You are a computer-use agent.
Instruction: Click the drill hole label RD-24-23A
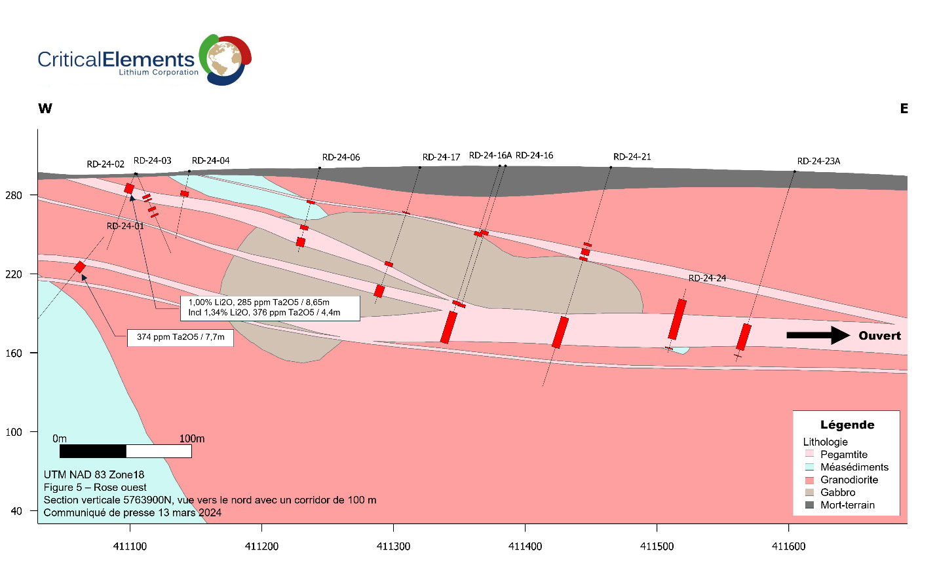(x=818, y=161)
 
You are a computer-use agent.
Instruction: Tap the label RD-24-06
(x=341, y=157)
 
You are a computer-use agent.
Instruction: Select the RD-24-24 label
(x=707, y=278)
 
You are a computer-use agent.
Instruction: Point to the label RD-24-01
(x=125, y=226)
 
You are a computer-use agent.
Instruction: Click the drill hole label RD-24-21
(x=632, y=157)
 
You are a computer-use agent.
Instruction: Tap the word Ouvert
(x=879, y=336)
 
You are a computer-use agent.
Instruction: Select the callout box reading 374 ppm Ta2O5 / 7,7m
(x=180, y=338)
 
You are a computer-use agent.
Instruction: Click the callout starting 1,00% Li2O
(x=270, y=308)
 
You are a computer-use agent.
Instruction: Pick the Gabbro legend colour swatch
(x=809, y=493)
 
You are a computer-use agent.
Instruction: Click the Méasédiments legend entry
(x=854, y=467)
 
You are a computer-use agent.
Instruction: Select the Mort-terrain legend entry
(x=847, y=505)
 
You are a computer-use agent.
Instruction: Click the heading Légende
(x=847, y=425)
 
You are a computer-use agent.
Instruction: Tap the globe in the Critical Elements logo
(x=223, y=59)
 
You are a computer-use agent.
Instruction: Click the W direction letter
(x=45, y=109)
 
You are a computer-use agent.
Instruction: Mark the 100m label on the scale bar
(x=192, y=438)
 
